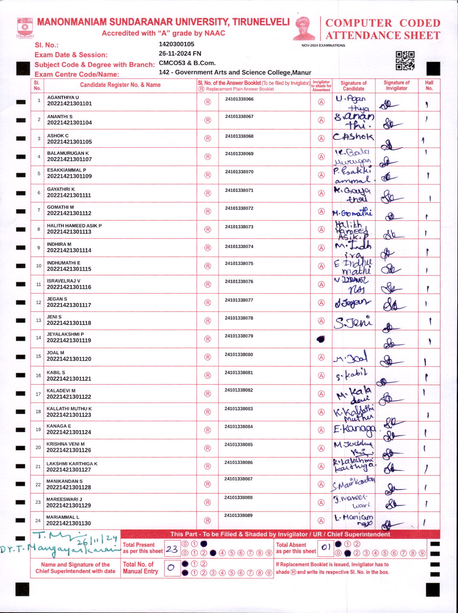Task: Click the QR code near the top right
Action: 405,61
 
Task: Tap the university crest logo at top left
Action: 25,28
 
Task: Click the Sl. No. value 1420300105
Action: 176,44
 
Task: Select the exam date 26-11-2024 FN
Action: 180,54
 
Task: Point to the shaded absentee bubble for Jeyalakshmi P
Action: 321,339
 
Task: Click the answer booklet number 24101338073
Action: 239,227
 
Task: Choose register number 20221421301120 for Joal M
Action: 69,359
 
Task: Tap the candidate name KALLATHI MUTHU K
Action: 69,409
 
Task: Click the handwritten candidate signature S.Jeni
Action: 353,322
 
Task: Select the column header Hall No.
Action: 429,86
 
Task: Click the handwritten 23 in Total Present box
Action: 172,549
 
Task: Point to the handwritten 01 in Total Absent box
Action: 326,547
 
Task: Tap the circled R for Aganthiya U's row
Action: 208,102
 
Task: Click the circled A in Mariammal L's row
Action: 321,520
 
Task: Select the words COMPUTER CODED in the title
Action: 382,23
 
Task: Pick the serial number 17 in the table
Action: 38,394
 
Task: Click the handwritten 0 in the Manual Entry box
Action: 171,567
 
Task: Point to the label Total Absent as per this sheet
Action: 296,548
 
